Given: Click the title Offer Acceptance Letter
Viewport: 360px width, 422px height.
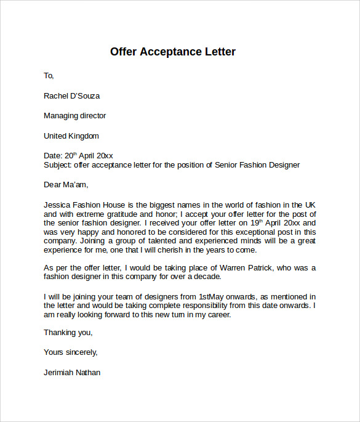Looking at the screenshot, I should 172,52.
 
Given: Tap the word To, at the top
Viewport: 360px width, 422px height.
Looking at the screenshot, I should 49,76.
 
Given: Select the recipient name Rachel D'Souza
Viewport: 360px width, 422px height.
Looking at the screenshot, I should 71,96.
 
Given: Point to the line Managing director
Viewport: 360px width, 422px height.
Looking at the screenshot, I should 74,116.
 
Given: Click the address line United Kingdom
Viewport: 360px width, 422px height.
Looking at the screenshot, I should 71,136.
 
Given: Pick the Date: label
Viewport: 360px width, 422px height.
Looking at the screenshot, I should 54,156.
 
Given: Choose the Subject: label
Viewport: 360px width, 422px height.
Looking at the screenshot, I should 58,165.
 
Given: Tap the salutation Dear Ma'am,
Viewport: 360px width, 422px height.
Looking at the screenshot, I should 66,184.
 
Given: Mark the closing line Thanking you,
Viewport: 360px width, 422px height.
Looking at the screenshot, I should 68,333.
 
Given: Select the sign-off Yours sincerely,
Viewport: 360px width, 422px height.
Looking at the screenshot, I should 70,352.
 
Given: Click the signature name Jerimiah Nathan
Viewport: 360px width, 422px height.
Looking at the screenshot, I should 72,373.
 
